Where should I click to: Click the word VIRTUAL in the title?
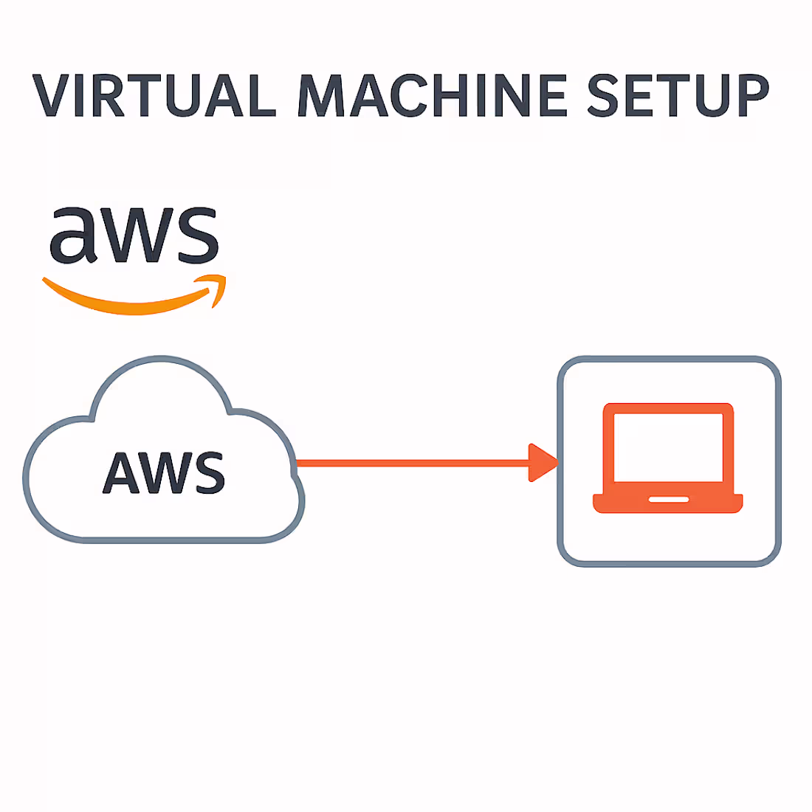154,96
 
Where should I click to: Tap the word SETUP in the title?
678,96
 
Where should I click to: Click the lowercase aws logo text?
134,235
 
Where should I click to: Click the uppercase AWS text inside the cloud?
163,472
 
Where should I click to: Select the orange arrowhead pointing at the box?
543,463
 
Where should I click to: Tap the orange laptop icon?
668,458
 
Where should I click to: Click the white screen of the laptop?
668,447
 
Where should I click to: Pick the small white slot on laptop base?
668,500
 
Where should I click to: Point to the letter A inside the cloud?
121,472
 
